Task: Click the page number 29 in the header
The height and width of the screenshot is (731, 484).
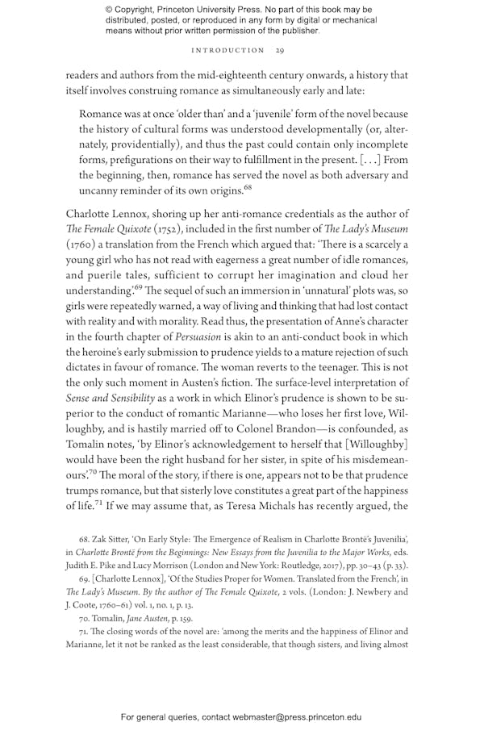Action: [x=279, y=50]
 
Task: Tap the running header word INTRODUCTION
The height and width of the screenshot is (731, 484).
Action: [x=227, y=50]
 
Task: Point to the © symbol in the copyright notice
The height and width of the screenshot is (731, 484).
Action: [x=109, y=10]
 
